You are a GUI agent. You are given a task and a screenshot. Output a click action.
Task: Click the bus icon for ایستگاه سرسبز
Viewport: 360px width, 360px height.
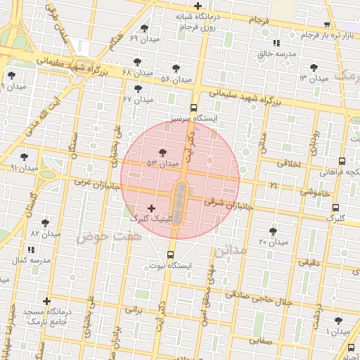click(193, 108)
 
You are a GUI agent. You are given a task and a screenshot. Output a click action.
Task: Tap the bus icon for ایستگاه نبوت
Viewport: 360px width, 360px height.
click(170, 255)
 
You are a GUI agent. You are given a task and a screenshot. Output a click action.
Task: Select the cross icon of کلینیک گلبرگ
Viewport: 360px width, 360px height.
click(152, 208)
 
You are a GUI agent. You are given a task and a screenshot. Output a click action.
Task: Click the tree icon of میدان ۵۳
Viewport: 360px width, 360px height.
click(163, 152)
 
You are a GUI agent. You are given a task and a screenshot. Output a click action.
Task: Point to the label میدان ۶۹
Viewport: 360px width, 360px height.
click(144, 39)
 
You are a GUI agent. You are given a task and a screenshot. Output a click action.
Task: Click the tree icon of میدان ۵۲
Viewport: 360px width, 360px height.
click(176, 68)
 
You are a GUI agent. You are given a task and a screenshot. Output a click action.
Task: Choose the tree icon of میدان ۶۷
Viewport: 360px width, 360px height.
click(138, 89)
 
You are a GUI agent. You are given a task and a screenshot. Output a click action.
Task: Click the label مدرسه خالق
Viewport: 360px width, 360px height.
click(276, 53)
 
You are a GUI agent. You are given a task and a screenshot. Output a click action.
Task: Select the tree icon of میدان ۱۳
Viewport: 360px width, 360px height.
click(314, 67)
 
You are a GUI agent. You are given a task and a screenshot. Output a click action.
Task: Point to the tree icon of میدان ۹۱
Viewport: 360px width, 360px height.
click(25, 157)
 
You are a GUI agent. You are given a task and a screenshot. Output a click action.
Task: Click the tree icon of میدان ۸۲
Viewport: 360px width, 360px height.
click(45, 222)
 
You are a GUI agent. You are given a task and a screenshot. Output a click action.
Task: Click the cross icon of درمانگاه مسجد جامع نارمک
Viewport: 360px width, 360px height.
click(46, 301)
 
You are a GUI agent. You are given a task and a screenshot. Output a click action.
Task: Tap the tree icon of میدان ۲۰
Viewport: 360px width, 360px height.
click(273, 231)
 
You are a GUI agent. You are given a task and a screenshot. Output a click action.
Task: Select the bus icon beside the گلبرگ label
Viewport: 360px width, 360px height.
click(335, 208)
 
